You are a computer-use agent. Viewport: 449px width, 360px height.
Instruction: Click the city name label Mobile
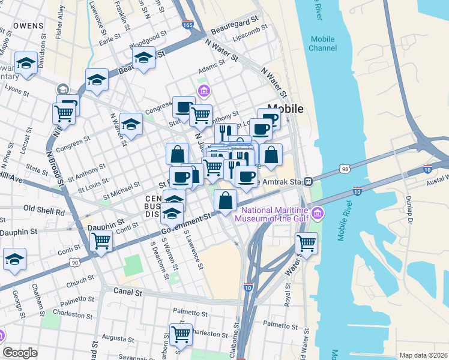(285, 109)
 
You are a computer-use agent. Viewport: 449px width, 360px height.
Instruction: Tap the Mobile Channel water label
(323, 43)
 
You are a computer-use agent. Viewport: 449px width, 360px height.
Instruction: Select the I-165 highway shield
(188, 26)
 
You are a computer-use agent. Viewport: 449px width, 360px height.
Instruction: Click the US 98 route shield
(345, 169)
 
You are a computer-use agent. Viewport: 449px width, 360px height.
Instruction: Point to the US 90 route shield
(74, 262)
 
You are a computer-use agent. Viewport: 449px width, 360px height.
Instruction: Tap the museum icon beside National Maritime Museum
(318, 213)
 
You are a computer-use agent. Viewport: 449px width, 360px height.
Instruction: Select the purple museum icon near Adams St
(204, 91)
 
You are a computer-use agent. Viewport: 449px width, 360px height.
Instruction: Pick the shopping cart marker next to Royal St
(307, 243)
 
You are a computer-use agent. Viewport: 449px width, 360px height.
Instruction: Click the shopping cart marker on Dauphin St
(101, 241)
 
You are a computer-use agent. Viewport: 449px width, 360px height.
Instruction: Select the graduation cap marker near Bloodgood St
(144, 58)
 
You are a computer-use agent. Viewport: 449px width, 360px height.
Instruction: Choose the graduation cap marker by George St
(14, 259)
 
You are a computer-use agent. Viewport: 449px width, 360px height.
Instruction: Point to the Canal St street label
(127, 292)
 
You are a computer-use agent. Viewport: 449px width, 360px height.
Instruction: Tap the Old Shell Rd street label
(43, 211)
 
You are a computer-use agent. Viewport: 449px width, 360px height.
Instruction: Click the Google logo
(20, 353)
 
